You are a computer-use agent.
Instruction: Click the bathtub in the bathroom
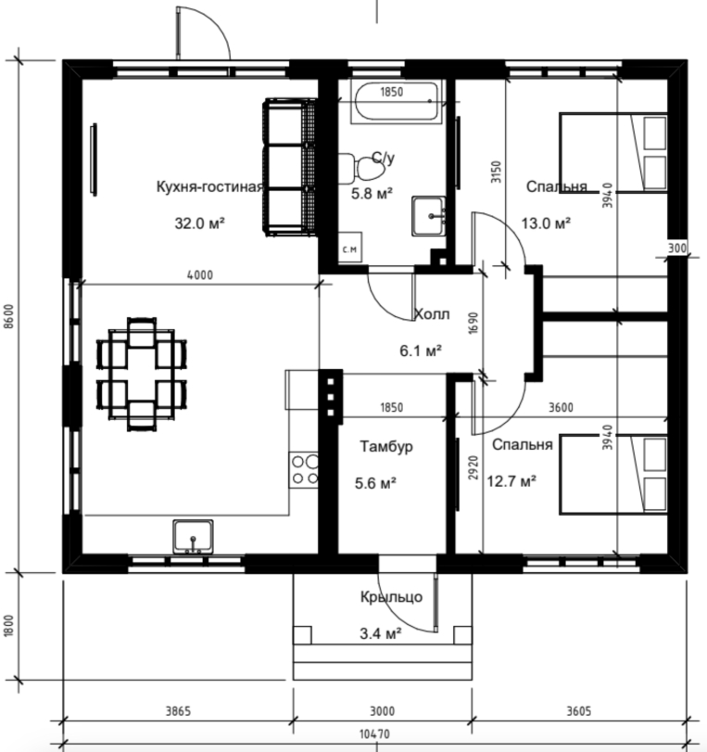396,102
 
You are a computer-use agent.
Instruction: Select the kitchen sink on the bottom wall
193,536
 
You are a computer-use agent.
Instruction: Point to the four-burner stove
304,470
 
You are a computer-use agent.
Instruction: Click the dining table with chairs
142,374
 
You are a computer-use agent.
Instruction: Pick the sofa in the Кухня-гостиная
290,167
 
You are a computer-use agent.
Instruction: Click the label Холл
432,314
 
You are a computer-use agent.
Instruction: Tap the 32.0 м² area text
200,223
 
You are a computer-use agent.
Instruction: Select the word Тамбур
386,447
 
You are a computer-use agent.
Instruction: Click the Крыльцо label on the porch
392,597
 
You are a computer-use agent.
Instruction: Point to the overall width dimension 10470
375,734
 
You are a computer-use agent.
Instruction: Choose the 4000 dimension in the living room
200,275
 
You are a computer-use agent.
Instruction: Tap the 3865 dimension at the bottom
178,711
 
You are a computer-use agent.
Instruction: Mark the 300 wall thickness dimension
677,248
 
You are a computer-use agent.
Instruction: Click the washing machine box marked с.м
350,248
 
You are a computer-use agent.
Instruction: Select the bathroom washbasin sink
428,216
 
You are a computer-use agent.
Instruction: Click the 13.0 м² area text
546,223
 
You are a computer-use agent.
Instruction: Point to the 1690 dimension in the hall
473,324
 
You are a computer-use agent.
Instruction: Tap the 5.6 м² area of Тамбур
375,483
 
